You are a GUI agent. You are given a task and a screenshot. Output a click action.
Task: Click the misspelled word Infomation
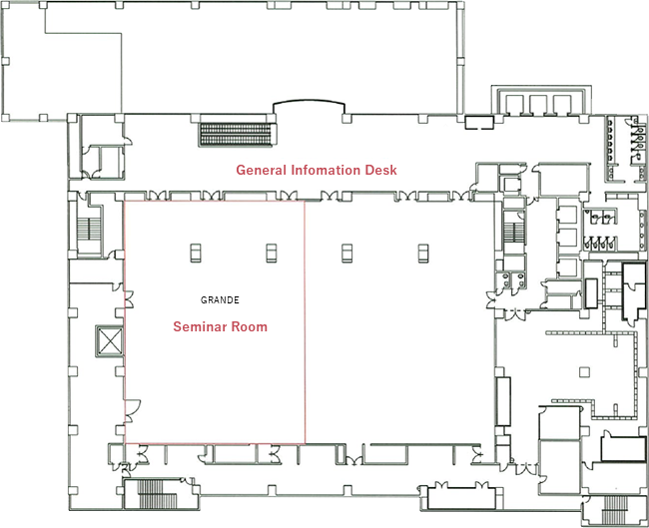click(329, 171)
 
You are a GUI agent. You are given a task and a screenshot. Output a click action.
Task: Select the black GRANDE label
click(220, 299)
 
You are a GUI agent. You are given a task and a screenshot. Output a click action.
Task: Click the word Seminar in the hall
click(198, 326)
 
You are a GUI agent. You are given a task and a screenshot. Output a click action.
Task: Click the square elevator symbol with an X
click(107, 341)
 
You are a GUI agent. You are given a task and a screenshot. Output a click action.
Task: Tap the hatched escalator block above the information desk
click(237, 130)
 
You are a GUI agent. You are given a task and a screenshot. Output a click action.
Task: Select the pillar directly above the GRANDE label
click(194, 252)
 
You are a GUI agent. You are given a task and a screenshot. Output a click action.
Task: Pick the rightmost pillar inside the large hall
click(423, 252)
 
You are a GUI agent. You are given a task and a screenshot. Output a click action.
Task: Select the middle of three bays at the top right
click(539, 105)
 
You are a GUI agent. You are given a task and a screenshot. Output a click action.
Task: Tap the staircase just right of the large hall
click(514, 233)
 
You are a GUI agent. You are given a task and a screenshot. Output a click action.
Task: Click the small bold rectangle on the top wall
click(479, 123)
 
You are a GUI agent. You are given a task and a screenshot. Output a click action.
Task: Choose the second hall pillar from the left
click(271, 252)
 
